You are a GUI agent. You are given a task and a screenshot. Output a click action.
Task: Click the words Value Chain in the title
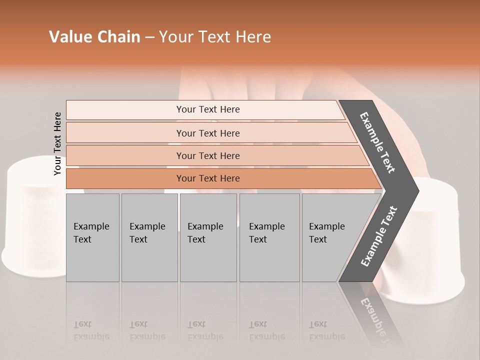(x=94, y=37)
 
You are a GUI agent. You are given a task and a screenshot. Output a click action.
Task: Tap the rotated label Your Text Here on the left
(x=58, y=143)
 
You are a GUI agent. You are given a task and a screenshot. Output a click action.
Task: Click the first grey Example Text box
(x=92, y=237)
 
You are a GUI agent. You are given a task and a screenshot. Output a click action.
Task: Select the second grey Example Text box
(x=149, y=237)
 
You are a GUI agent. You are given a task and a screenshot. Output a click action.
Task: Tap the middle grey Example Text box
(x=208, y=237)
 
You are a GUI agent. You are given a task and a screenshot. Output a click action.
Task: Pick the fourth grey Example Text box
(x=269, y=237)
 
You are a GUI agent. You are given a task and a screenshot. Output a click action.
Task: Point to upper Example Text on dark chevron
(x=377, y=143)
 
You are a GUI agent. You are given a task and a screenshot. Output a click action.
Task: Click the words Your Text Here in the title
(x=215, y=37)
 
